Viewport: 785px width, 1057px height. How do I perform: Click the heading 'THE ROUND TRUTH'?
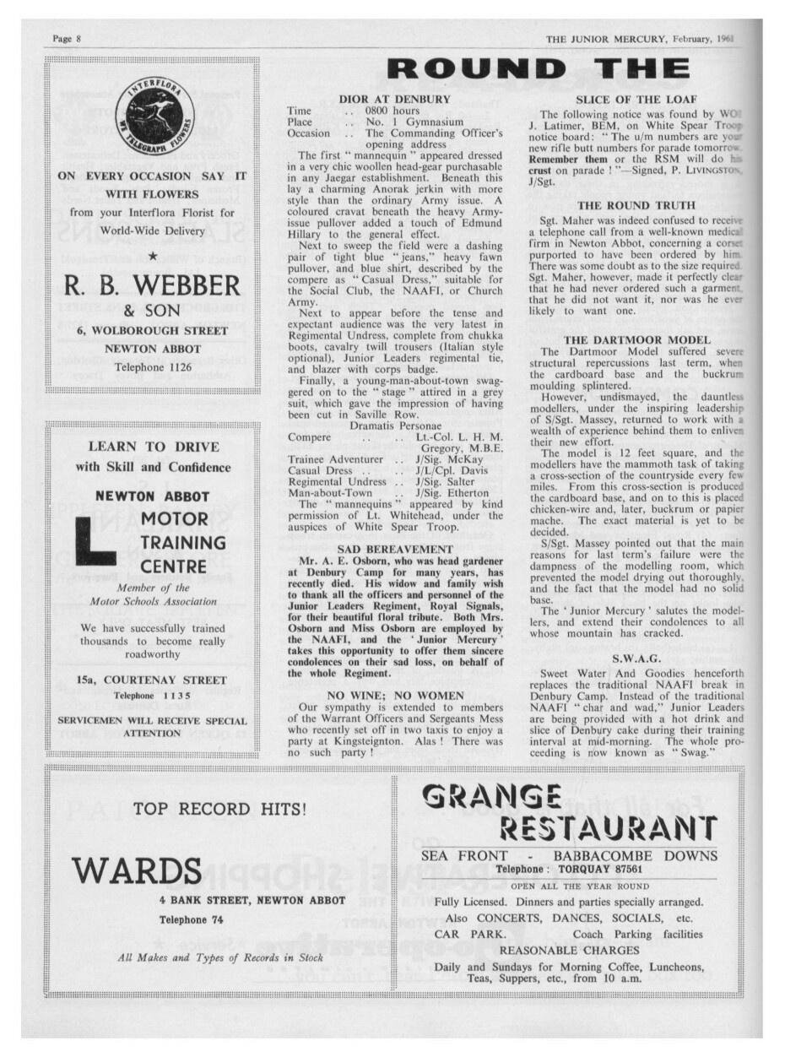[636, 205]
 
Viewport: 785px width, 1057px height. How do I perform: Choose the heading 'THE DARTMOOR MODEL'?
[637, 339]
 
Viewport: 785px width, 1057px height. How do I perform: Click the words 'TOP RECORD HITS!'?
[219, 809]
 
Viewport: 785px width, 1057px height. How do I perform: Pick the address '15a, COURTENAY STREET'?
[152, 680]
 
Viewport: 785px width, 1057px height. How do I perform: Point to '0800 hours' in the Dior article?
[392, 111]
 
